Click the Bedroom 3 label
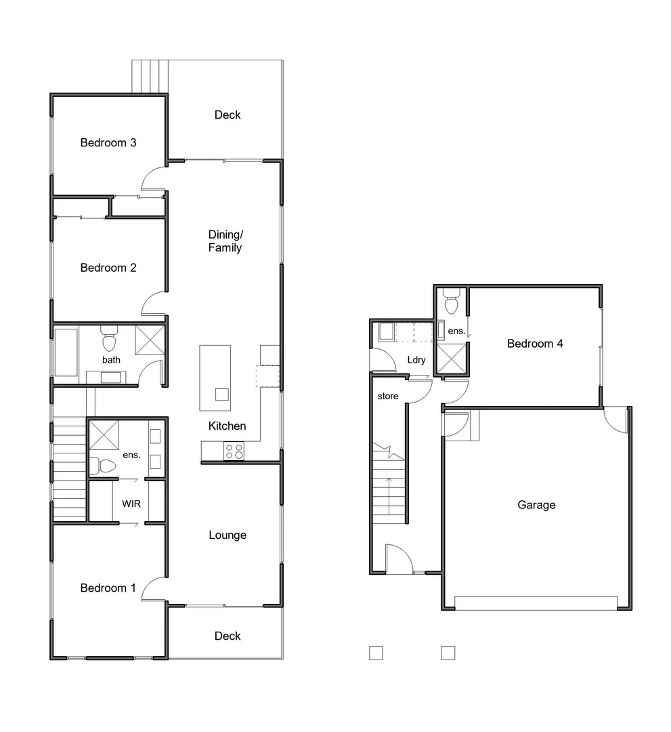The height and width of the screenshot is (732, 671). [x=108, y=143]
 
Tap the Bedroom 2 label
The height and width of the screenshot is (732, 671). [x=108, y=268]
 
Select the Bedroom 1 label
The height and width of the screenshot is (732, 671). [x=108, y=588]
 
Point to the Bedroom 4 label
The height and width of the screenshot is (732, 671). [x=535, y=344]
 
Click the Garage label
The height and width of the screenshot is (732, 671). [x=536, y=505]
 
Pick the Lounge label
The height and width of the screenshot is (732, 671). [x=228, y=535]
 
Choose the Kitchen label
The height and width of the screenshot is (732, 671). [x=228, y=426]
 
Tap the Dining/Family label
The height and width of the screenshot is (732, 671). [x=225, y=241]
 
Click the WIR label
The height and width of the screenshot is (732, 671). [x=131, y=504]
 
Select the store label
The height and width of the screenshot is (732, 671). [x=388, y=396]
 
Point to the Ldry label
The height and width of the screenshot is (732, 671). [x=416, y=360]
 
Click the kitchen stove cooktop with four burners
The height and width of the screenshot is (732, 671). [x=234, y=451]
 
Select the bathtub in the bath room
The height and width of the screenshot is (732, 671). [x=66, y=352]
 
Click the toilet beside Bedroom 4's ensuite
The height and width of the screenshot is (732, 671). [x=452, y=302]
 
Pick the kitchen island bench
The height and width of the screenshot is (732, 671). [x=215, y=378]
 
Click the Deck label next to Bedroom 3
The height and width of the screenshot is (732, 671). [x=228, y=115]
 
